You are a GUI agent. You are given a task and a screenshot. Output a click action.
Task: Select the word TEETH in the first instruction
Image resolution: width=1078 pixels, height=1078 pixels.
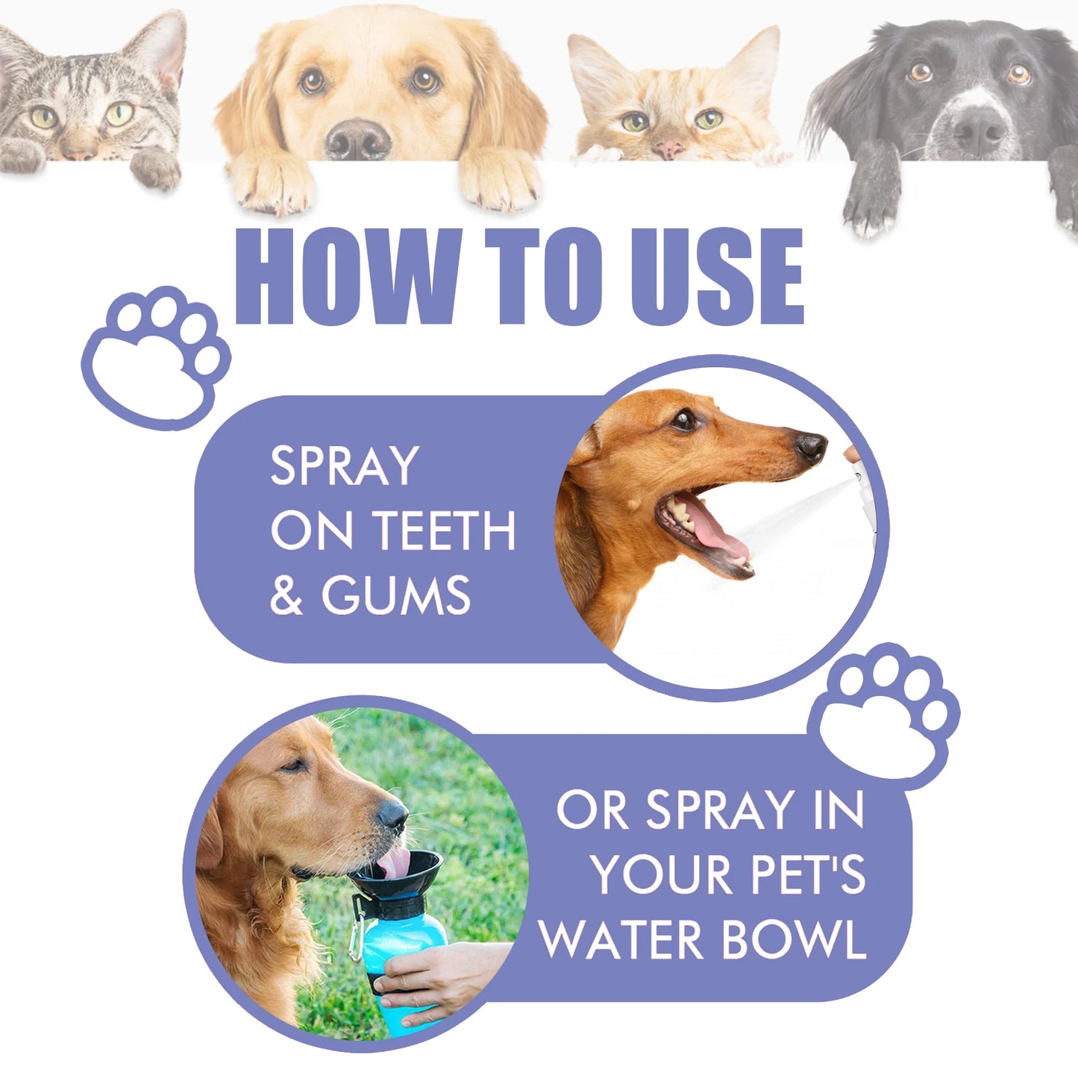(445, 531)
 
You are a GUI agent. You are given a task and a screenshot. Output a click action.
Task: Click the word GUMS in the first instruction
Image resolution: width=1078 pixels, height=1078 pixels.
(396, 595)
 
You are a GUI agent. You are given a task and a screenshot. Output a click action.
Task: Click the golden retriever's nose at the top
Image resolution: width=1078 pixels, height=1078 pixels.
(358, 138)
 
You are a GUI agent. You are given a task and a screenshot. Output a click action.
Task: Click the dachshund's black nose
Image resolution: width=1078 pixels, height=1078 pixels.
(811, 446)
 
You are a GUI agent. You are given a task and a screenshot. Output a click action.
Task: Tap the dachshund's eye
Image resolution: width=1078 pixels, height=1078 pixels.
(683, 420)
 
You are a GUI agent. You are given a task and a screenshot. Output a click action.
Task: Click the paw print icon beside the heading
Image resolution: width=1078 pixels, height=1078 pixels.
(157, 357)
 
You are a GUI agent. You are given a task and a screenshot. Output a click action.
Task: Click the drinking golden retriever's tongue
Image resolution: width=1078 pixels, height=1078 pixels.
(395, 863)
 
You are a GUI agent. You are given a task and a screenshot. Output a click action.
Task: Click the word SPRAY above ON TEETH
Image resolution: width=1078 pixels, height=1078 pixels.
(344, 466)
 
